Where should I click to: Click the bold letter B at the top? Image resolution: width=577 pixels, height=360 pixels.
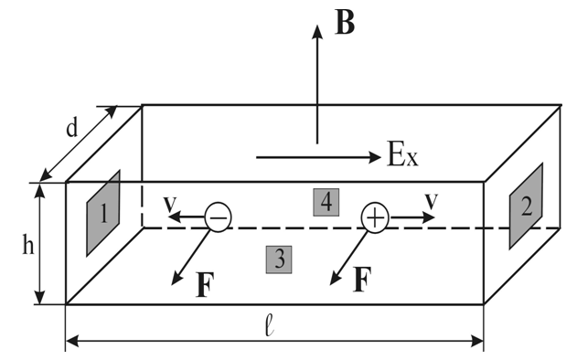click(x=345, y=23)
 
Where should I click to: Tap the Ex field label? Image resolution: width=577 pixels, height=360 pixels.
click(x=403, y=154)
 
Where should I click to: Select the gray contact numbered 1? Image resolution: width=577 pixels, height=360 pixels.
click(x=103, y=213)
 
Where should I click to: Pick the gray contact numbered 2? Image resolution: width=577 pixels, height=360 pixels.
click(x=526, y=206)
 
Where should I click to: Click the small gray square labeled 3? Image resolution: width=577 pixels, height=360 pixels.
click(x=279, y=259)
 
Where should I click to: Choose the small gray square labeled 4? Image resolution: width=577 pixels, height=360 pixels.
click(x=326, y=202)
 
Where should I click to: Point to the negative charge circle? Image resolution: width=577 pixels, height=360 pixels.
click(x=218, y=217)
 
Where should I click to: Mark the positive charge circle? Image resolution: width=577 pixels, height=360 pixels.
click(x=375, y=217)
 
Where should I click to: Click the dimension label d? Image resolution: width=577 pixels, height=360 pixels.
click(x=72, y=128)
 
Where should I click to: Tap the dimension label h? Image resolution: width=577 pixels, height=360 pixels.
click(x=28, y=244)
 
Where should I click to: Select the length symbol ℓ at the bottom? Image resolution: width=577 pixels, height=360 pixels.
click(x=270, y=326)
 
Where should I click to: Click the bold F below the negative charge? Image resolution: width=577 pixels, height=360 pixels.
click(x=205, y=284)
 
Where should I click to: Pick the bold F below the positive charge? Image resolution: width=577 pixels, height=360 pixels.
click(x=362, y=280)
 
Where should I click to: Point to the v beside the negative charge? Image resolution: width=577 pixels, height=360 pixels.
click(x=170, y=204)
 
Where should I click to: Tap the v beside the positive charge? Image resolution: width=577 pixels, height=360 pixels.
click(x=432, y=200)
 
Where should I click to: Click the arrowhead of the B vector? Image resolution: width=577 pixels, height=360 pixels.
click(x=317, y=31)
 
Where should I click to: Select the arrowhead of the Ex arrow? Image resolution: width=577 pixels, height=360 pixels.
click(x=375, y=157)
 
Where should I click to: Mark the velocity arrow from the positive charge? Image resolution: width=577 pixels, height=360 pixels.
click(x=412, y=217)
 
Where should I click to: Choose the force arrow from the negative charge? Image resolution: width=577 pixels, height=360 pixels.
click(x=190, y=258)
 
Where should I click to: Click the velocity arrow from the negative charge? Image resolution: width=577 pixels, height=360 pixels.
click(x=187, y=217)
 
